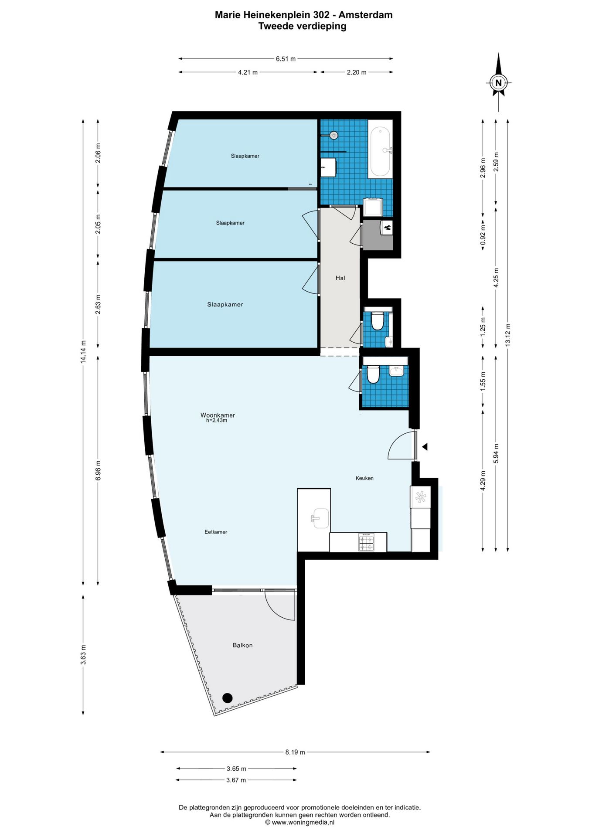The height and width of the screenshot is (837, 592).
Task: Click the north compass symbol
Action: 499,82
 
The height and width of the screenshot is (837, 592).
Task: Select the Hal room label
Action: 340,278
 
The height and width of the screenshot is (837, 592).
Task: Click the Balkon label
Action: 242,645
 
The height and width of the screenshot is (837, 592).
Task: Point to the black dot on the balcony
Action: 227,698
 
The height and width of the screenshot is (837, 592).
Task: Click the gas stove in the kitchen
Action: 366,542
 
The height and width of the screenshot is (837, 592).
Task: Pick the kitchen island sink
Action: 320,518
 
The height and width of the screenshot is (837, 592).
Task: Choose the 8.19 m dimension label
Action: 295,752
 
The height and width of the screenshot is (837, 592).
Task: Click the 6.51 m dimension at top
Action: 286,59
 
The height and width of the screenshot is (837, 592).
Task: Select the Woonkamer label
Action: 218,415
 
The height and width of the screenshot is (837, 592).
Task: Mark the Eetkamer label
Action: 216,532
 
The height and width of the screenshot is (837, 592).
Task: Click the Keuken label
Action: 364,478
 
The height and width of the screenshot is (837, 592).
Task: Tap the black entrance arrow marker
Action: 425,447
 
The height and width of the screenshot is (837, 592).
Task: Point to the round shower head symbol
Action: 334,135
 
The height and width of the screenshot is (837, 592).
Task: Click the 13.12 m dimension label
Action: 508,335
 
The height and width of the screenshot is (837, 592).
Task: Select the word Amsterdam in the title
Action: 366,15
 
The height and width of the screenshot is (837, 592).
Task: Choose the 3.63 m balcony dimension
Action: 83,655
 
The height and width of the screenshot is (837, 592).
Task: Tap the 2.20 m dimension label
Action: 357,72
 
